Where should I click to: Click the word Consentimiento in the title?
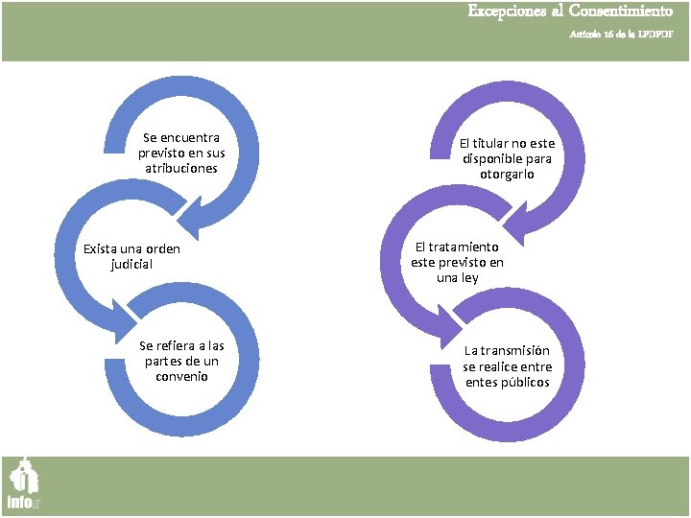pos(620,12)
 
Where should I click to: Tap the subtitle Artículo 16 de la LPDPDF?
pos(622,34)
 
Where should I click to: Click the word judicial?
pos(132,264)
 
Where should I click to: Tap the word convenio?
pos(182,376)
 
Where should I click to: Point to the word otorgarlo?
pos(508,175)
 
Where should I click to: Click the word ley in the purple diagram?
pos(468,277)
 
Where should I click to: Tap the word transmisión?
pos(515,351)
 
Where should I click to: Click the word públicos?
pos(525,382)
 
